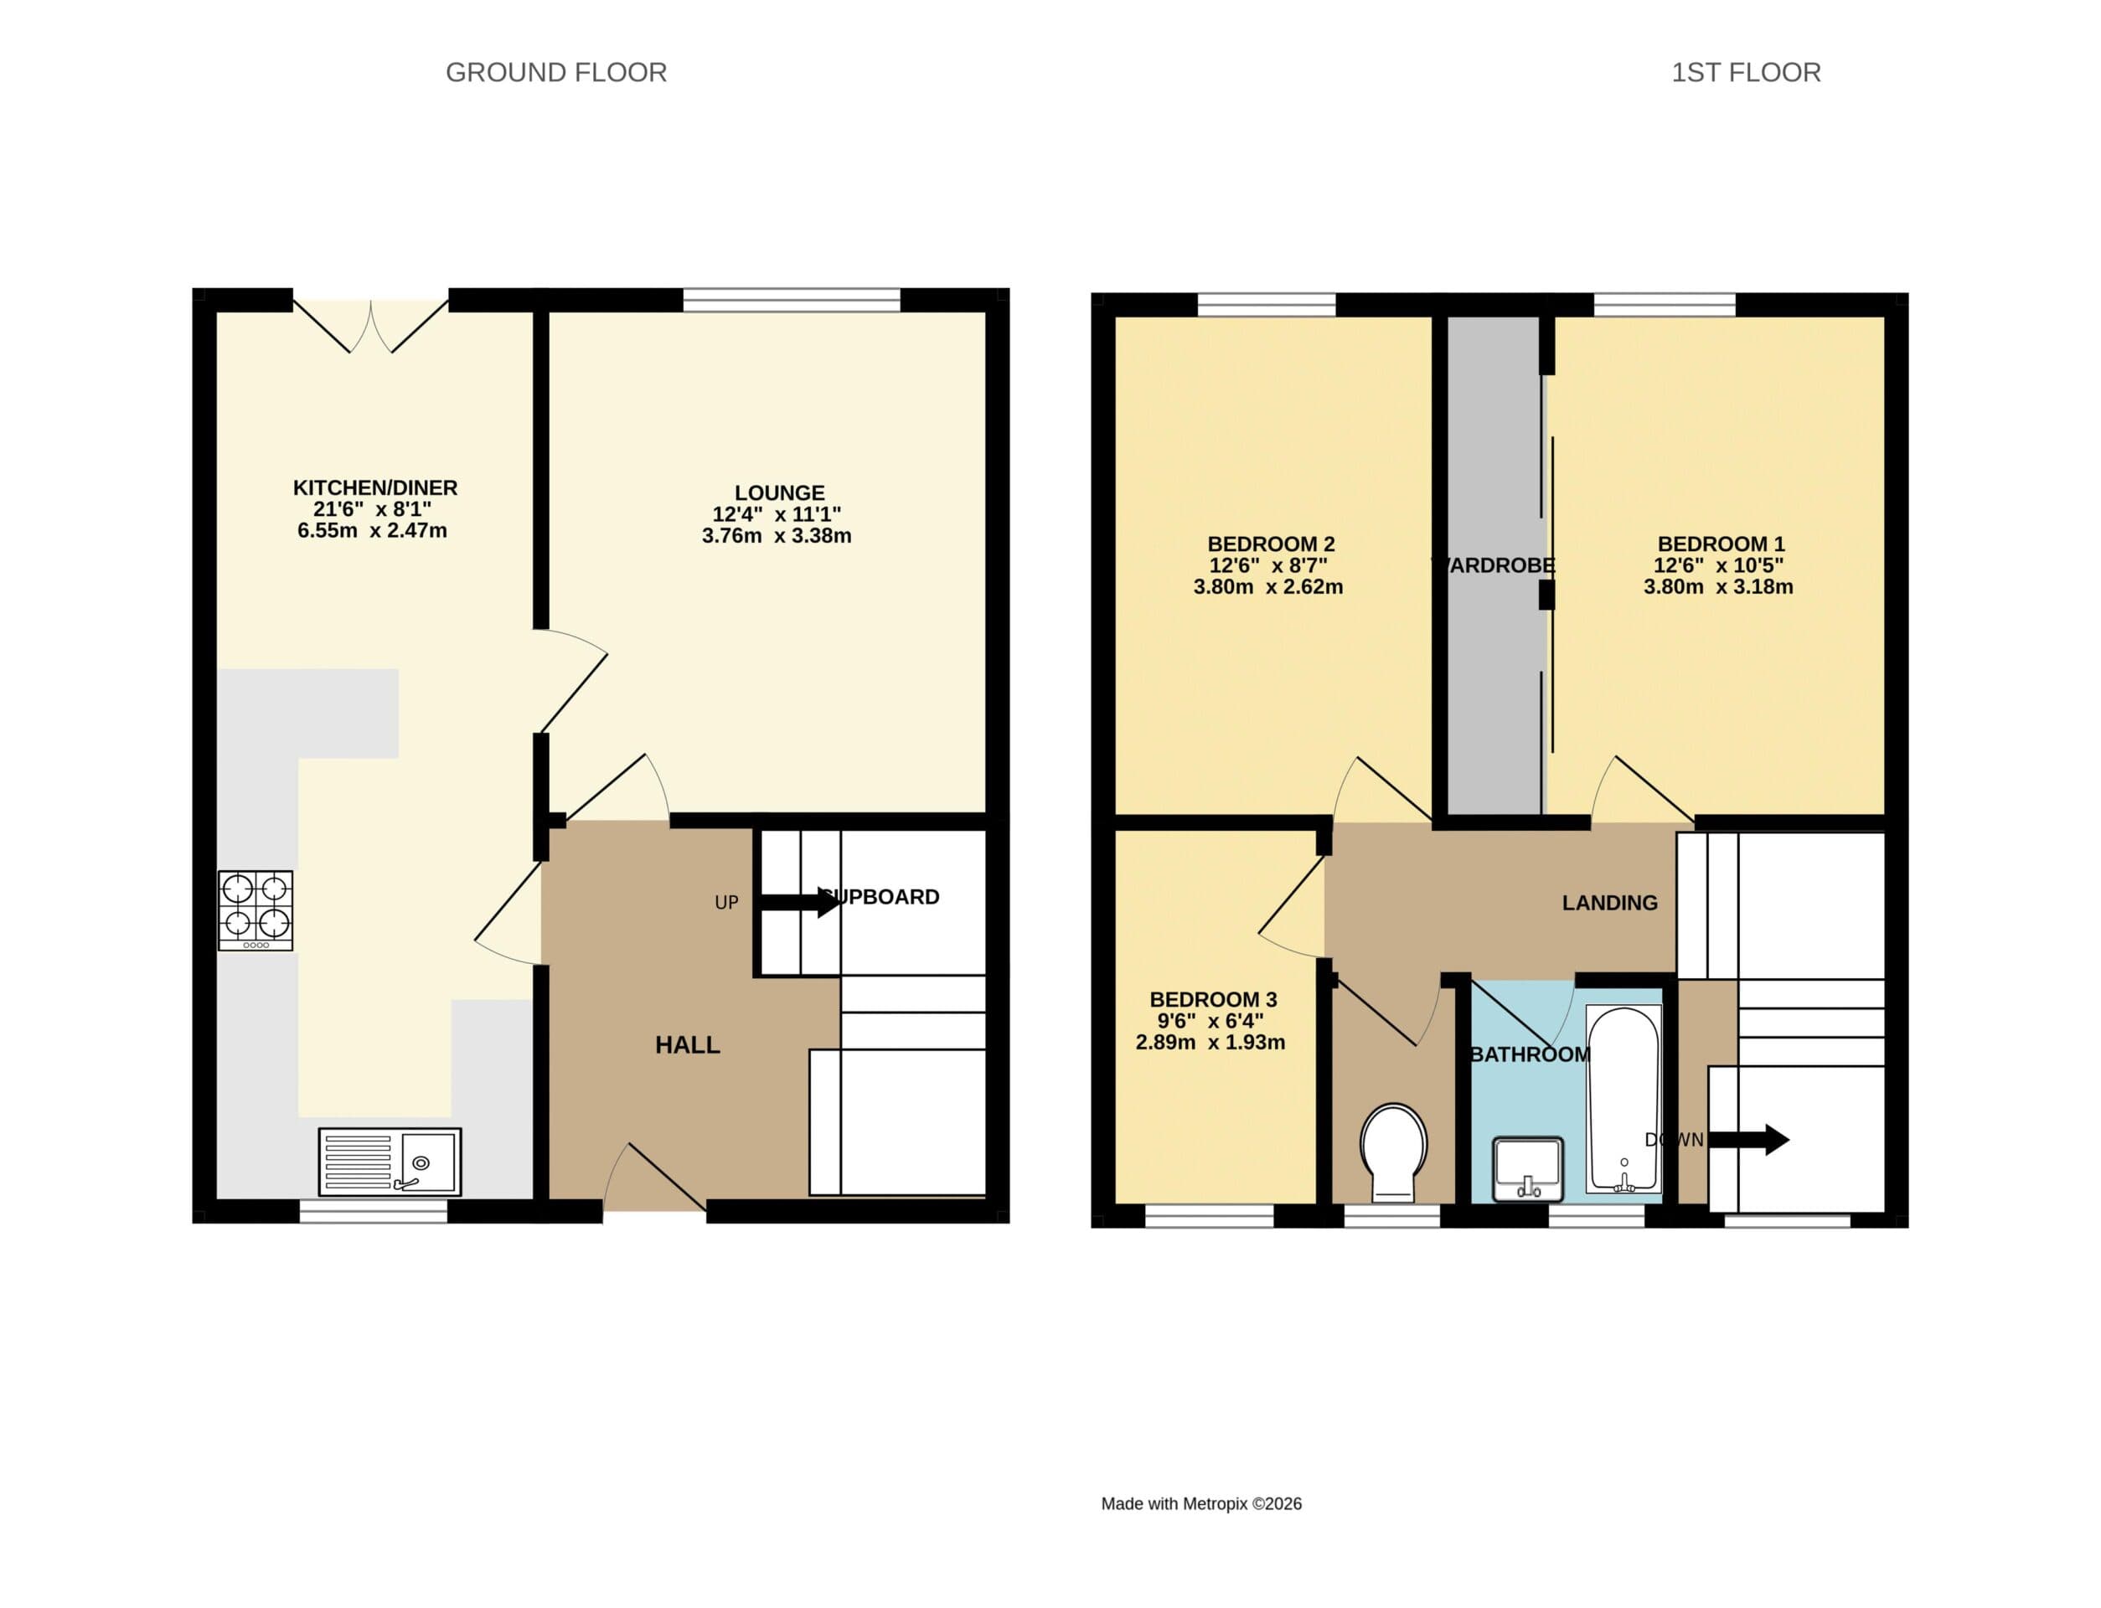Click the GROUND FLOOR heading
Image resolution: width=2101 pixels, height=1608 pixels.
[556, 73]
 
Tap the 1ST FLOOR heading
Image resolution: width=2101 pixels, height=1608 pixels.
[1745, 73]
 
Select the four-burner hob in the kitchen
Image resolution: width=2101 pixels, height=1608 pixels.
[256, 910]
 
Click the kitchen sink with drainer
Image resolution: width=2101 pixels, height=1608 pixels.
[390, 1161]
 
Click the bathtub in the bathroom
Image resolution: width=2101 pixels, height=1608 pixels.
[1623, 1098]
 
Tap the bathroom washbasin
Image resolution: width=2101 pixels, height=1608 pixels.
[1528, 1167]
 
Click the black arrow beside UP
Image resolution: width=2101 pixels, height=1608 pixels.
[799, 902]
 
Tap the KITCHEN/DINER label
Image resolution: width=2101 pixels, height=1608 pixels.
[375, 488]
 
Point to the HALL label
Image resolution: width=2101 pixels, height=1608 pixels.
[687, 1045]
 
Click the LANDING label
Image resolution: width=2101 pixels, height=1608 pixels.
[1609, 903]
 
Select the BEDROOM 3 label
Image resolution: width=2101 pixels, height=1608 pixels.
[1213, 999]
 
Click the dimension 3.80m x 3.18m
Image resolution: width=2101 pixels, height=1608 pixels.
[1718, 588]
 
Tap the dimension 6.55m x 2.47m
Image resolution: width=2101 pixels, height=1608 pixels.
[372, 531]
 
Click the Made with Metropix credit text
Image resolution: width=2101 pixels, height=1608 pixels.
[1200, 1503]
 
